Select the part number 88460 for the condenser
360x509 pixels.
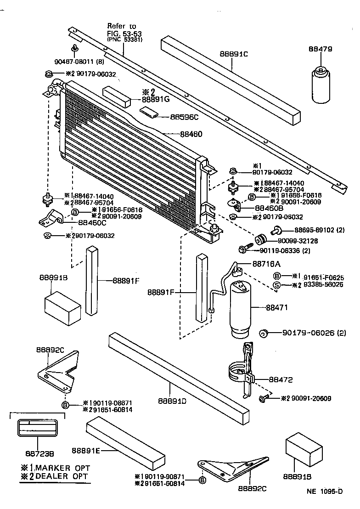(191, 134)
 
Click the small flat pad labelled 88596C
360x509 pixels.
(149, 112)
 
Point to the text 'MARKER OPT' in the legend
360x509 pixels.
(58, 468)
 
